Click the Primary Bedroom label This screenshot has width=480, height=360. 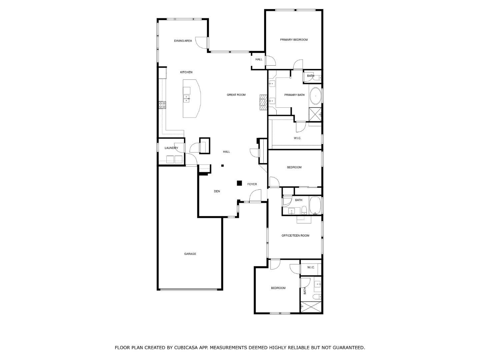(294, 40)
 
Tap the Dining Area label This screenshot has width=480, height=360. (183, 41)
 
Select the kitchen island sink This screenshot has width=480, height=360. (186, 98)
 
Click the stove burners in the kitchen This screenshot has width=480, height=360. (162, 105)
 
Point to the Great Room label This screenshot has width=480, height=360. (236, 95)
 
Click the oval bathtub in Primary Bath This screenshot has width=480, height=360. (315, 96)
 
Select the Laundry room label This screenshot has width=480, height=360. (171, 148)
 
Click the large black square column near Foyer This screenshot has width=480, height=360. (239, 183)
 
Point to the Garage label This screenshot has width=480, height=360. (190, 254)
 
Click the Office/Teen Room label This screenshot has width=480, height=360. (295, 236)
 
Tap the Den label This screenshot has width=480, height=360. (217, 191)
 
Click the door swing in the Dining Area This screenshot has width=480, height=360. (201, 42)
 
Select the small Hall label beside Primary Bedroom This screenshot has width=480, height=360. (259, 60)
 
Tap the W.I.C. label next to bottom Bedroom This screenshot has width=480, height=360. (311, 268)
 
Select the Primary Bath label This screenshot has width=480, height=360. (294, 95)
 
